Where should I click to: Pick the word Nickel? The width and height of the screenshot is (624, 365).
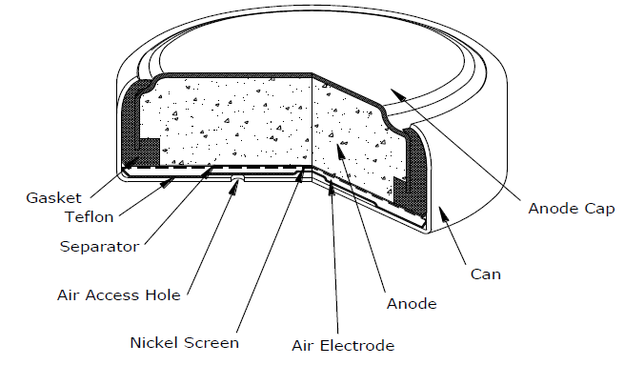[151, 342]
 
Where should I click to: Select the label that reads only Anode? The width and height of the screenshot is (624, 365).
[411, 304]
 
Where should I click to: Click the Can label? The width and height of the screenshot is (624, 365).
[486, 274]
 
